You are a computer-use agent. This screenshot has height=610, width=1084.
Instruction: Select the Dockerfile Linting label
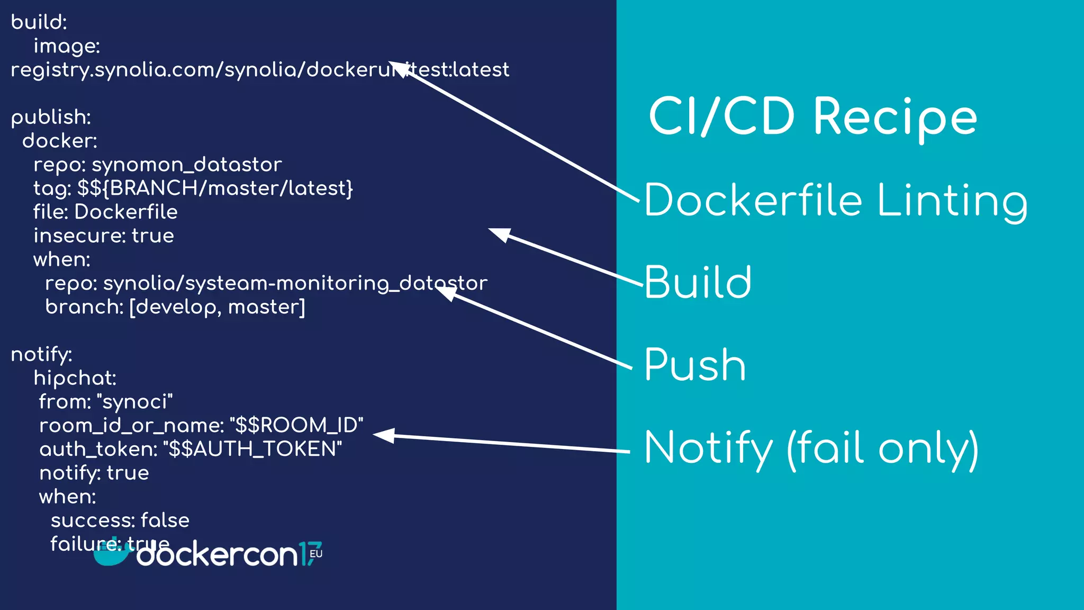[835, 200]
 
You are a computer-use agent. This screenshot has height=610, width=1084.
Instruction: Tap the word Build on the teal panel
[698, 282]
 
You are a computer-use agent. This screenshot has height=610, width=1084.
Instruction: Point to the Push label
[695, 365]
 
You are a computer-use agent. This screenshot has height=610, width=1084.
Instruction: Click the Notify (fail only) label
[811, 448]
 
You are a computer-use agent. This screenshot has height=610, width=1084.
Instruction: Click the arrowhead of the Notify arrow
[382, 435]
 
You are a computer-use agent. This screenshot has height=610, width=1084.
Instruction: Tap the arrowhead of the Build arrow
[498, 234]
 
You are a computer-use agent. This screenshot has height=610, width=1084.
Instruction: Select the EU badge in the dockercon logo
[316, 554]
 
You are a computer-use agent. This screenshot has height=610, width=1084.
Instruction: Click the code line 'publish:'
[51, 117]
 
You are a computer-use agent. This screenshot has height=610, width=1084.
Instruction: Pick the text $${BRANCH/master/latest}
[215, 188]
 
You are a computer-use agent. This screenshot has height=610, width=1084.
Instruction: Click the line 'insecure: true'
[104, 236]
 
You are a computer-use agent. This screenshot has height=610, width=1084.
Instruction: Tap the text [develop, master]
[217, 307]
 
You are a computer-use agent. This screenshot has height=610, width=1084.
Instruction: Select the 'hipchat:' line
[75, 378]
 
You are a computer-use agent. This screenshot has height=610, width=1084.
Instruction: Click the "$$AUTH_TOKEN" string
[252, 449]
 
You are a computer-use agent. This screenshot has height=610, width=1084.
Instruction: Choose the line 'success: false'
[120, 521]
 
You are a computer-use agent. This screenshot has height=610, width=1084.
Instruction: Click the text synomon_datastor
[186, 165]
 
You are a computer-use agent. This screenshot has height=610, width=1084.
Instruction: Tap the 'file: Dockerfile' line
[105, 212]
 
